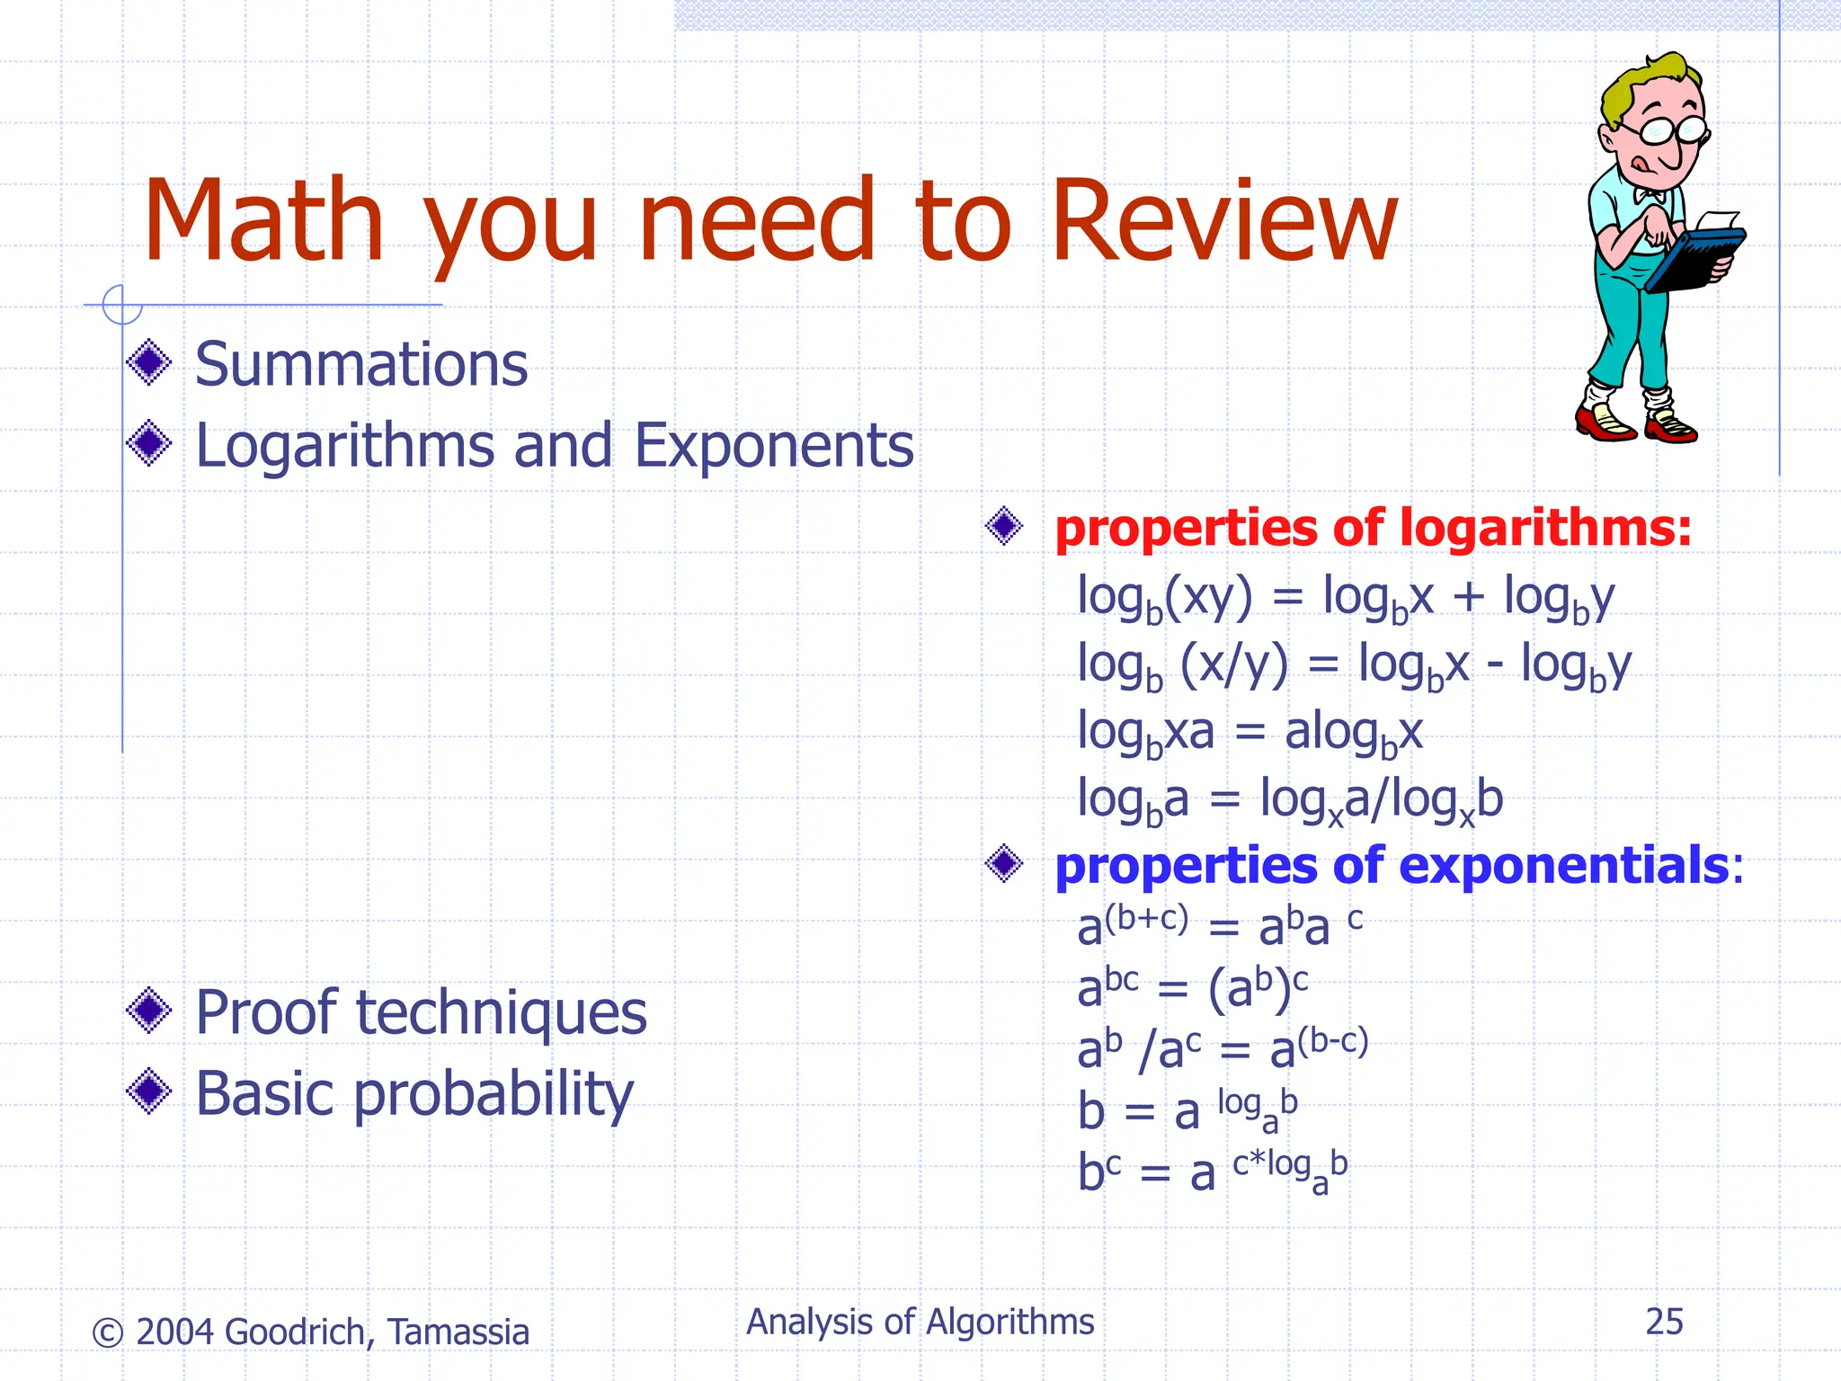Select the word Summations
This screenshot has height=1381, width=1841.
(x=361, y=365)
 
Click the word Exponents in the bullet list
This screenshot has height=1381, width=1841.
(x=774, y=446)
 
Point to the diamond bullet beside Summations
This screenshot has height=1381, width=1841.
(x=149, y=362)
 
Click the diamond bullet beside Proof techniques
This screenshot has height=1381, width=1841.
(x=149, y=1011)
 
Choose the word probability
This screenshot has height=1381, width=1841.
(x=494, y=1095)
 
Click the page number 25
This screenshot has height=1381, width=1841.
(x=1664, y=1322)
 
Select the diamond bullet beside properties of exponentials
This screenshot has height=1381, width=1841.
(x=1004, y=864)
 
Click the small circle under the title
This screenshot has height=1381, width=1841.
(x=122, y=305)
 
